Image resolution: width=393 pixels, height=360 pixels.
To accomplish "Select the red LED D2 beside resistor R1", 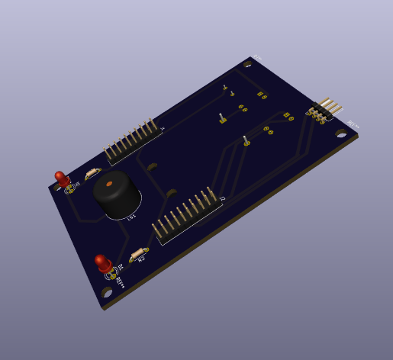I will (61, 179).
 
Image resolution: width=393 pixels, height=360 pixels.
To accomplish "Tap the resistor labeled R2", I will (138, 254).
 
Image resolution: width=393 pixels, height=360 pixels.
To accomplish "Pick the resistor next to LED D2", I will (92, 173).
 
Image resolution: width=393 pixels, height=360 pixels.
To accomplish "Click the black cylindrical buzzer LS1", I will (116, 195).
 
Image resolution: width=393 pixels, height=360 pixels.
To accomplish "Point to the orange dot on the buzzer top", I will (110, 184).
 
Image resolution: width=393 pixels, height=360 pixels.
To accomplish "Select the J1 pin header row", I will (133, 141).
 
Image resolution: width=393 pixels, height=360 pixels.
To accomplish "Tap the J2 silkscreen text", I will (222, 199).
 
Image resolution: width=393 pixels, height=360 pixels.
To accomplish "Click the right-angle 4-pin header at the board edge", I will (324, 110).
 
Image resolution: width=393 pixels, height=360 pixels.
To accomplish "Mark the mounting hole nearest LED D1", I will (107, 292).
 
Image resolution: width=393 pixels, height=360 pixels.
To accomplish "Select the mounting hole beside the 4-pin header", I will (341, 133).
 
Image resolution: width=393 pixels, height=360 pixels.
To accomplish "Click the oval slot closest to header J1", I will (153, 166).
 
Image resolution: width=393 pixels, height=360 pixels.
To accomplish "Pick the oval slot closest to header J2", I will (172, 194).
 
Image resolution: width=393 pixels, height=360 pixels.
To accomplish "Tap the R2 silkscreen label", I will (141, 260).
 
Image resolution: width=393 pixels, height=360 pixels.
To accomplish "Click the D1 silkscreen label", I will (121, 267).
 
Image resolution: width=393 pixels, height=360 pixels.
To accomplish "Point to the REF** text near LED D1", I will (121, 281).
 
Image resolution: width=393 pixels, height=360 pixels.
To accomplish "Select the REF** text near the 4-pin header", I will (353, 124).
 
